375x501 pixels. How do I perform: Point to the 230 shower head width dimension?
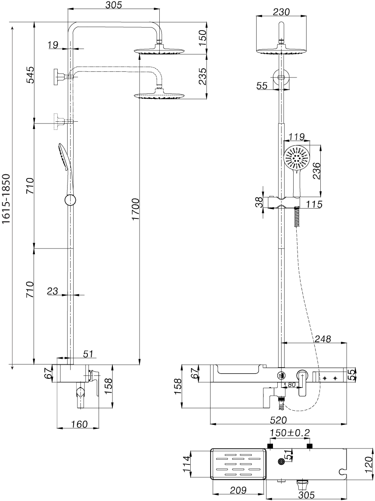pyautogui.click(x=282, y=12)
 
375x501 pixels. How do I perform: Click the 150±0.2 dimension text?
pyautogui.click(x=289, y=432)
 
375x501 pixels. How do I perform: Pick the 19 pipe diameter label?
pyautogui.click(x=53, y=45)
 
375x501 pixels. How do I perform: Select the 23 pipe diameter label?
pyautogui.click(x=53, y=291)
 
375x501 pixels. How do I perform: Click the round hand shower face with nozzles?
pyautogui.click(x=297, y=158)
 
